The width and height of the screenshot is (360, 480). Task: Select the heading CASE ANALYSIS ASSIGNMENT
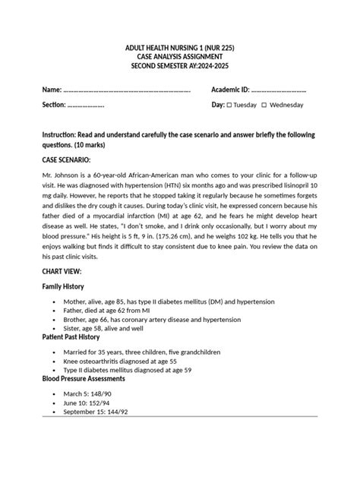click(x=179, y=57)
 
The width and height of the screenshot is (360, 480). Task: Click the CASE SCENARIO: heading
click(x=67, y=161)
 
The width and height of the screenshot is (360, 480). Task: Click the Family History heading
click(x=63, y=287)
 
